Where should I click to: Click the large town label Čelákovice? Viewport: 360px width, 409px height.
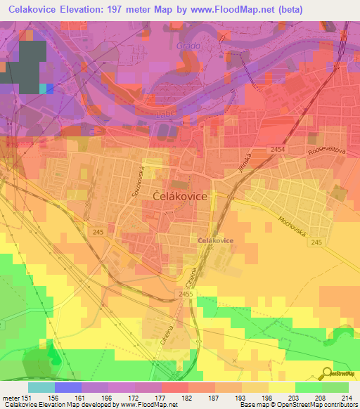pos(180,197)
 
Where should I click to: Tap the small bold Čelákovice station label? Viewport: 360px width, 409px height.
pos(216,240)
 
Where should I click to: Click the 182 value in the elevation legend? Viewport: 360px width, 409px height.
pos(188,398)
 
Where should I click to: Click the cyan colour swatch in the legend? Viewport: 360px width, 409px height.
pos(41,387)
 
